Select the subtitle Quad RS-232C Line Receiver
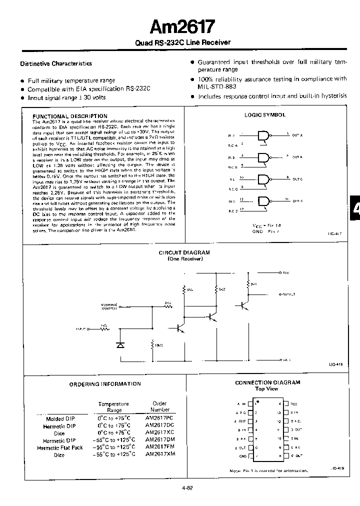tap(182, 42)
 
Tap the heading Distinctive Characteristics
tap(56, 63)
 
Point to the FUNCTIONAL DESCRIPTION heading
tap(70, 116)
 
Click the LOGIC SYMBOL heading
tap(265, 114)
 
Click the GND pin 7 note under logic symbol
tap(265, 231)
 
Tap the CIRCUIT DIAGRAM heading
tap(184, 253)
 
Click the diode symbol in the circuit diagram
tap(120, 344)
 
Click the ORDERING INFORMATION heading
tap(105, 384)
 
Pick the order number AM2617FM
tap(159, 447)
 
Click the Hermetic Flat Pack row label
tap(60, 447)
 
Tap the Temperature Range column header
tap(113, 406)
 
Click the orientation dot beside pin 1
tap(257, 400)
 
